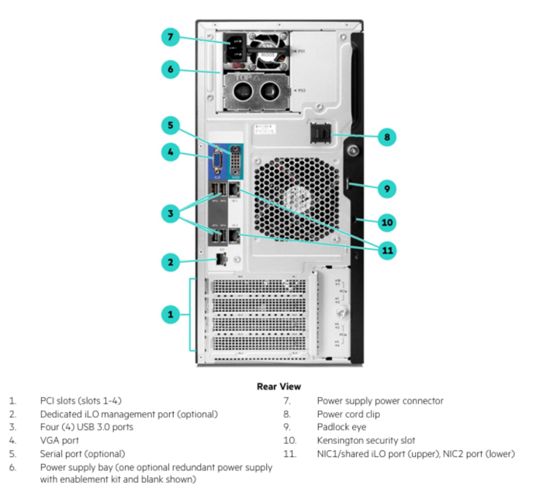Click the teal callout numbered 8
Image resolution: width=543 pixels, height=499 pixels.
point(385,137)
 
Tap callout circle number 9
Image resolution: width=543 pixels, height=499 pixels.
point(385,187)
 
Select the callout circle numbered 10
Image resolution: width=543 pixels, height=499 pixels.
point(385,222)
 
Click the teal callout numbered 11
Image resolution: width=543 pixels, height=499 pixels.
point(385,249)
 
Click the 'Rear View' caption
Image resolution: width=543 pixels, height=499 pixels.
point(278,386)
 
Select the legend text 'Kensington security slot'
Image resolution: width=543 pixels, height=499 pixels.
point(365,440)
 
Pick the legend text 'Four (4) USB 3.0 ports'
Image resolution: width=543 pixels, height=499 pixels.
point(86,427)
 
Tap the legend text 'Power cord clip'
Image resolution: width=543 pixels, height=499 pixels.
point(348,414)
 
